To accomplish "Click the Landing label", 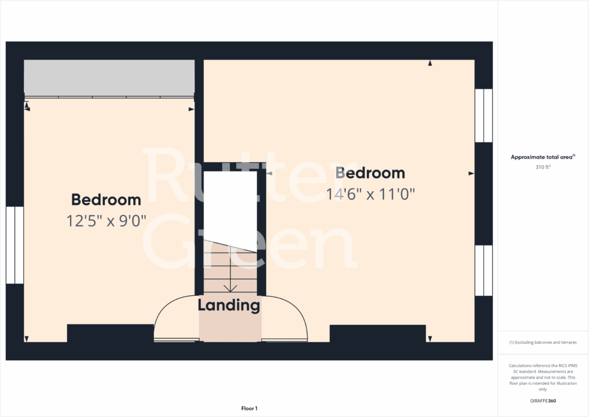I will [x=229, y=305].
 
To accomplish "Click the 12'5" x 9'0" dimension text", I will [x=106, y=221].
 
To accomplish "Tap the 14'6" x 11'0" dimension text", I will [x=370, y=194].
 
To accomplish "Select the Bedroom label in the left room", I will [x=106, y=200].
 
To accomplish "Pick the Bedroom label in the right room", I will [x=370, y=173].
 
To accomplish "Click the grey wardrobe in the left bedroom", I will [x=109, y=77].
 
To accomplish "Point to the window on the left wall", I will [x=14, y=245].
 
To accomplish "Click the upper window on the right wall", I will [x=483, y=115].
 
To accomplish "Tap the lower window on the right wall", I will [x=483, y=270].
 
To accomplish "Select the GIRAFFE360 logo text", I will [x=543, y=401].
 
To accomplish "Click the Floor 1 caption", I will [x=250, y=409].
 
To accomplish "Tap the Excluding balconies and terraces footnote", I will [x=543, y=342].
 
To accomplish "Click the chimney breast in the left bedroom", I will [x=110, y=333].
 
